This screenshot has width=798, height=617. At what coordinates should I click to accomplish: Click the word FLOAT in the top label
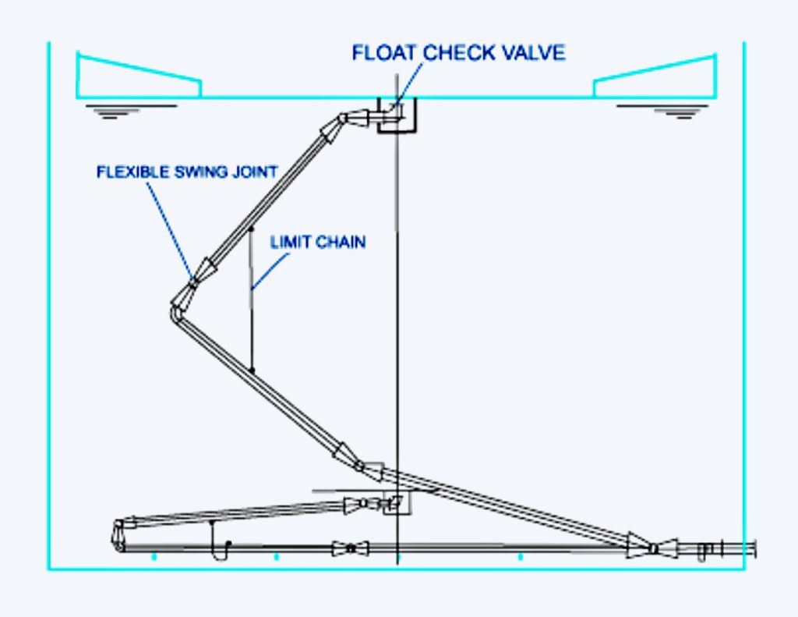[x=384, y=53]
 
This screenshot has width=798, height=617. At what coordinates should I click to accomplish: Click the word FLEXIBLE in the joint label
[x=133, y=172]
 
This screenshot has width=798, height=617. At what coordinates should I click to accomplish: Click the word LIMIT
[x=290, y=242]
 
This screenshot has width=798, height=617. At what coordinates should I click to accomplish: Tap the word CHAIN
[x=341, y=242]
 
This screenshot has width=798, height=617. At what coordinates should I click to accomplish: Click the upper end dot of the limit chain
[x=251, y=229]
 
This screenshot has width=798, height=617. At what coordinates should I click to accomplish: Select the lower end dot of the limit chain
[x=252, y=371]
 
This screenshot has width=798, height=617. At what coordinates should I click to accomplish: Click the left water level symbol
[x=131, y=112]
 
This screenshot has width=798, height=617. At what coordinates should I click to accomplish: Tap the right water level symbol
[x=662, y=112]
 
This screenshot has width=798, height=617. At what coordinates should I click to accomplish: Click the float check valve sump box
[x=397, y=131]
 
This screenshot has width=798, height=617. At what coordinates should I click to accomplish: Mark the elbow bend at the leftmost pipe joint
[x=175, y=312]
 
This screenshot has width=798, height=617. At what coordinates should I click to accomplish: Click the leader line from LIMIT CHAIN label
[x=270, y=272]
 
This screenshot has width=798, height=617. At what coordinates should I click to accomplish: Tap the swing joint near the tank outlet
[x=654, y=548]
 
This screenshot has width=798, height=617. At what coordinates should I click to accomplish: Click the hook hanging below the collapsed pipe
[x=220, y=542]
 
